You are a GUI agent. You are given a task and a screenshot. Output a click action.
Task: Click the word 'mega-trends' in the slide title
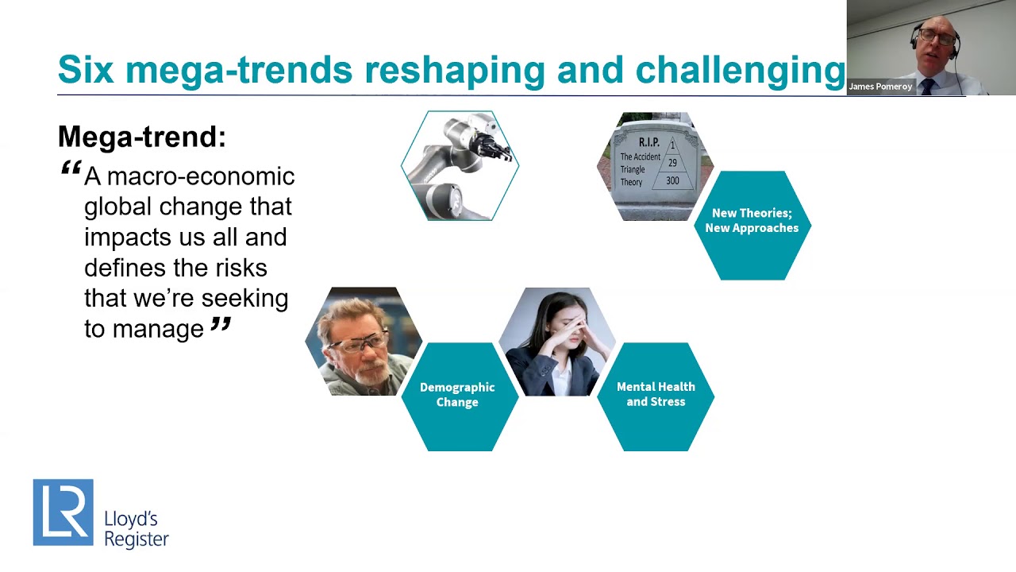coord(238,70)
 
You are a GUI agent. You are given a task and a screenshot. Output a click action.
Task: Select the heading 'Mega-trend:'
coord(141,137)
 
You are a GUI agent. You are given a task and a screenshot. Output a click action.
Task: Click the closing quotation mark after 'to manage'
coord(221,324)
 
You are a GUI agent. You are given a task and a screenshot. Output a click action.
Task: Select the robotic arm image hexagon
coord(460,165)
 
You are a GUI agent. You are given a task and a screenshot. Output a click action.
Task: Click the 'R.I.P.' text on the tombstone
coord(648,142)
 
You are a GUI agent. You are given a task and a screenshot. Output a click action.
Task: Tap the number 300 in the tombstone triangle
coord(672,181)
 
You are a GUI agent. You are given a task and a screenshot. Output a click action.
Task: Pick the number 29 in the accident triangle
coord(672,163)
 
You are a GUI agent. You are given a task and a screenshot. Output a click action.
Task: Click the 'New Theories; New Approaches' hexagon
coord(752,225)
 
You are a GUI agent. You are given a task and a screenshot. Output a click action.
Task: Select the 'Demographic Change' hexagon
coord(458,395)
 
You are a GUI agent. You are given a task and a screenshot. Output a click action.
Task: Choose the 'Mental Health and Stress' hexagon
coord(656,395)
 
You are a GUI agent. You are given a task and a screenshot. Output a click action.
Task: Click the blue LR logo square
coord(63,512)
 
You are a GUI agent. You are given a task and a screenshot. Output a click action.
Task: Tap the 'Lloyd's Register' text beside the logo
coord(136,529)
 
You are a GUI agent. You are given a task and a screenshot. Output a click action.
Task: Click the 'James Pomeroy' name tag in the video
coord(880,87)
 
